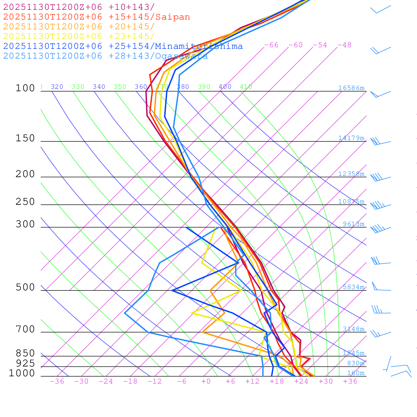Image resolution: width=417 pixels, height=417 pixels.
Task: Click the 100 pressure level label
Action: pos(25,88)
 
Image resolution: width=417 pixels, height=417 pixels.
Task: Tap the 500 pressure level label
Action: pos(25,288)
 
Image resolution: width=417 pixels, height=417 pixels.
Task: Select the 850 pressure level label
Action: pos(25,353)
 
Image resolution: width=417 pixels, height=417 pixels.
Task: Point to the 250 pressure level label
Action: pos(25,202)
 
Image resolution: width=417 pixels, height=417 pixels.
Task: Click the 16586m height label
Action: pos(351,88)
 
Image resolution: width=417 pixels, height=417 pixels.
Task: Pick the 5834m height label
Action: pos(353,287)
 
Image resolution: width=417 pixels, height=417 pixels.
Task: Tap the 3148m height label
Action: pos(353,329)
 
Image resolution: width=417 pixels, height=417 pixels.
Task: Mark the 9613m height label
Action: pos(353,224)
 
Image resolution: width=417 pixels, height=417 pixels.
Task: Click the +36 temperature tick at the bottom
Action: pos(350,381)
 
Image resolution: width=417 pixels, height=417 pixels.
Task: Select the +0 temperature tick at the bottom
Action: pos(206,381)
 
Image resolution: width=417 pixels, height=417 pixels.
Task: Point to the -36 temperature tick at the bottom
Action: pos(57,381)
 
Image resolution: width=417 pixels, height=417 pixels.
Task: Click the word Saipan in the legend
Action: pos(172,17)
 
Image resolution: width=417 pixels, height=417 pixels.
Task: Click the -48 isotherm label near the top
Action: pos(344,45)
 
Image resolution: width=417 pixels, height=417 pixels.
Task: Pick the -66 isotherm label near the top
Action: pos(271,45)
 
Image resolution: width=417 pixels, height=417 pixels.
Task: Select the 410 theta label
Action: pos(246,87)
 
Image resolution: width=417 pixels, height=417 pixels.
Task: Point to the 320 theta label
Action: pos(57,87)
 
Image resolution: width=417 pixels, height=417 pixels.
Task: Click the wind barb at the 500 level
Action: pos(381,287)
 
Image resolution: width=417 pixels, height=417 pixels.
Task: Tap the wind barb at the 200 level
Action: pos(380,178)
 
